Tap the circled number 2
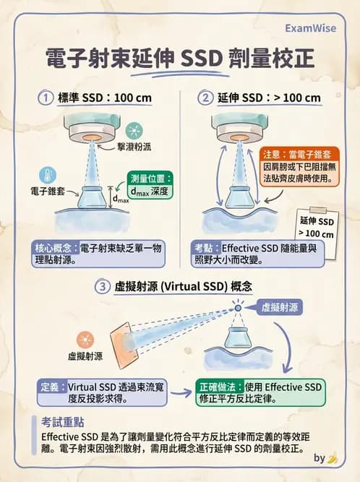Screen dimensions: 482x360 click(x=207, y=98)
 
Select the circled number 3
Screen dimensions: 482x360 click(x=104, y=287)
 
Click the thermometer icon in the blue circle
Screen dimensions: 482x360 click(x=47, y=175)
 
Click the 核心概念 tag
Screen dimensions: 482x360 click(x=54, y=247)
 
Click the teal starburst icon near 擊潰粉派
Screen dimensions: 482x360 click(x=133, y=130)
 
